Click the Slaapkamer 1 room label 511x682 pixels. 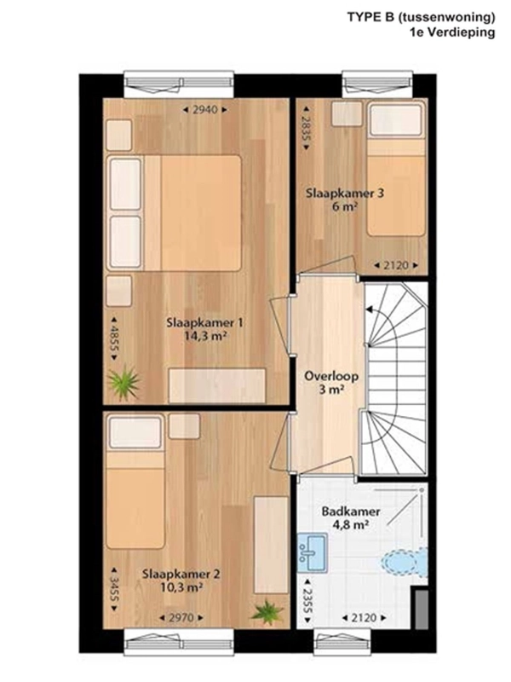pyautogui.click(x=205, y=323)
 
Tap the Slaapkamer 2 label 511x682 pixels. pyautogui.click(x=181, y=574)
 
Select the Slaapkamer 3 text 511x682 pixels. pyautogui.click(x=345, y=194)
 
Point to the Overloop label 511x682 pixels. pyautogui.click(x=331, y=376)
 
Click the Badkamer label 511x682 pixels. pyautogui.click(x=351, y=511)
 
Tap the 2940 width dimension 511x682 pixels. pyautogui.click(x=205, y=110)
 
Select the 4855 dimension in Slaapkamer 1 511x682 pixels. pyautogui.click(x=114, y=338)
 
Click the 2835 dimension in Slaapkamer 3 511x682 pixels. pyautogui.click(x=306, y=128)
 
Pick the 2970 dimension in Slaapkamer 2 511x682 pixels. pyautogui.click(x=181, y=617)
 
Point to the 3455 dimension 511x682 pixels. pyautogui.click(x=114, y=589)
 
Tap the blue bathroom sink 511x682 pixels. pyautogui.click(x=312, y=552)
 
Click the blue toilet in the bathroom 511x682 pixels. pyautogui.click(x=403, y=561)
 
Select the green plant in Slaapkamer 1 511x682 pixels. pyautogui.click(x=124, y=383)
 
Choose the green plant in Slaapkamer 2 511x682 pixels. pyautogui.click(x=267, y=612)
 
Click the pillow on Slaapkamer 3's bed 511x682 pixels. pyautogui.click(x=396, y=120)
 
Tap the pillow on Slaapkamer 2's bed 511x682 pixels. pyautogui.click(x=135, y=432)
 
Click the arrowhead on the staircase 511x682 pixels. pyautogui.click(x=369, y=309)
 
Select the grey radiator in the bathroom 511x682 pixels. pyautogui.click(x=421, y=610)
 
